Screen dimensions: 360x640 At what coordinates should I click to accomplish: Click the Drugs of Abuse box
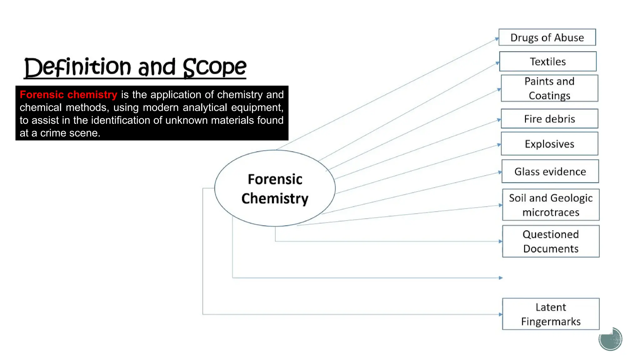tap(547, 37)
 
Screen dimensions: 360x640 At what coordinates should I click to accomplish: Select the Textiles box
tap(547, 62)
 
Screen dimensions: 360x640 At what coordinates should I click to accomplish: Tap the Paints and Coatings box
tap(549, 88)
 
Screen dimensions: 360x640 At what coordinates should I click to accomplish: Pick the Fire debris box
tap(549, 119)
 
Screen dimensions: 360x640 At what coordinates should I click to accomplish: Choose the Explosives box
tap(549, 144)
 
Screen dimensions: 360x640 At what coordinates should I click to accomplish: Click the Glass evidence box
tap(550, 171)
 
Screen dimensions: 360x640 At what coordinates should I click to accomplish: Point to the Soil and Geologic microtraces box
tap(551, 205)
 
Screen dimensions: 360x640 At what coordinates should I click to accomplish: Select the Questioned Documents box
tap(551, 241)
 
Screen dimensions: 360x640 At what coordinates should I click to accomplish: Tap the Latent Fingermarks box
tap(551, 314)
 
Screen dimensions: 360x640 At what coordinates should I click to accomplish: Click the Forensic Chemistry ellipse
tap(275, 188)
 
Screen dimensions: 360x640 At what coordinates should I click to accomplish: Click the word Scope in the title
tap(214, 67)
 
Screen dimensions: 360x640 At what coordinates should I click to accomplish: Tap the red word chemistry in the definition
tap(92, 95)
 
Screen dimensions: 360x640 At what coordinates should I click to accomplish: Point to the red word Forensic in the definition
tap(42, 95)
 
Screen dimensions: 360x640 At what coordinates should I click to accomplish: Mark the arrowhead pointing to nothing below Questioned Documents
tap(501, 278)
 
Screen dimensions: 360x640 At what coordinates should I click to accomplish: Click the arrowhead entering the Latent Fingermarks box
tap(501, 314)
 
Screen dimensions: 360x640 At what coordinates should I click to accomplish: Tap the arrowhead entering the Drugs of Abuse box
tap(497, 39)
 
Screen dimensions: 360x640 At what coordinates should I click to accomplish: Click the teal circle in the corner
tap(610, 339)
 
